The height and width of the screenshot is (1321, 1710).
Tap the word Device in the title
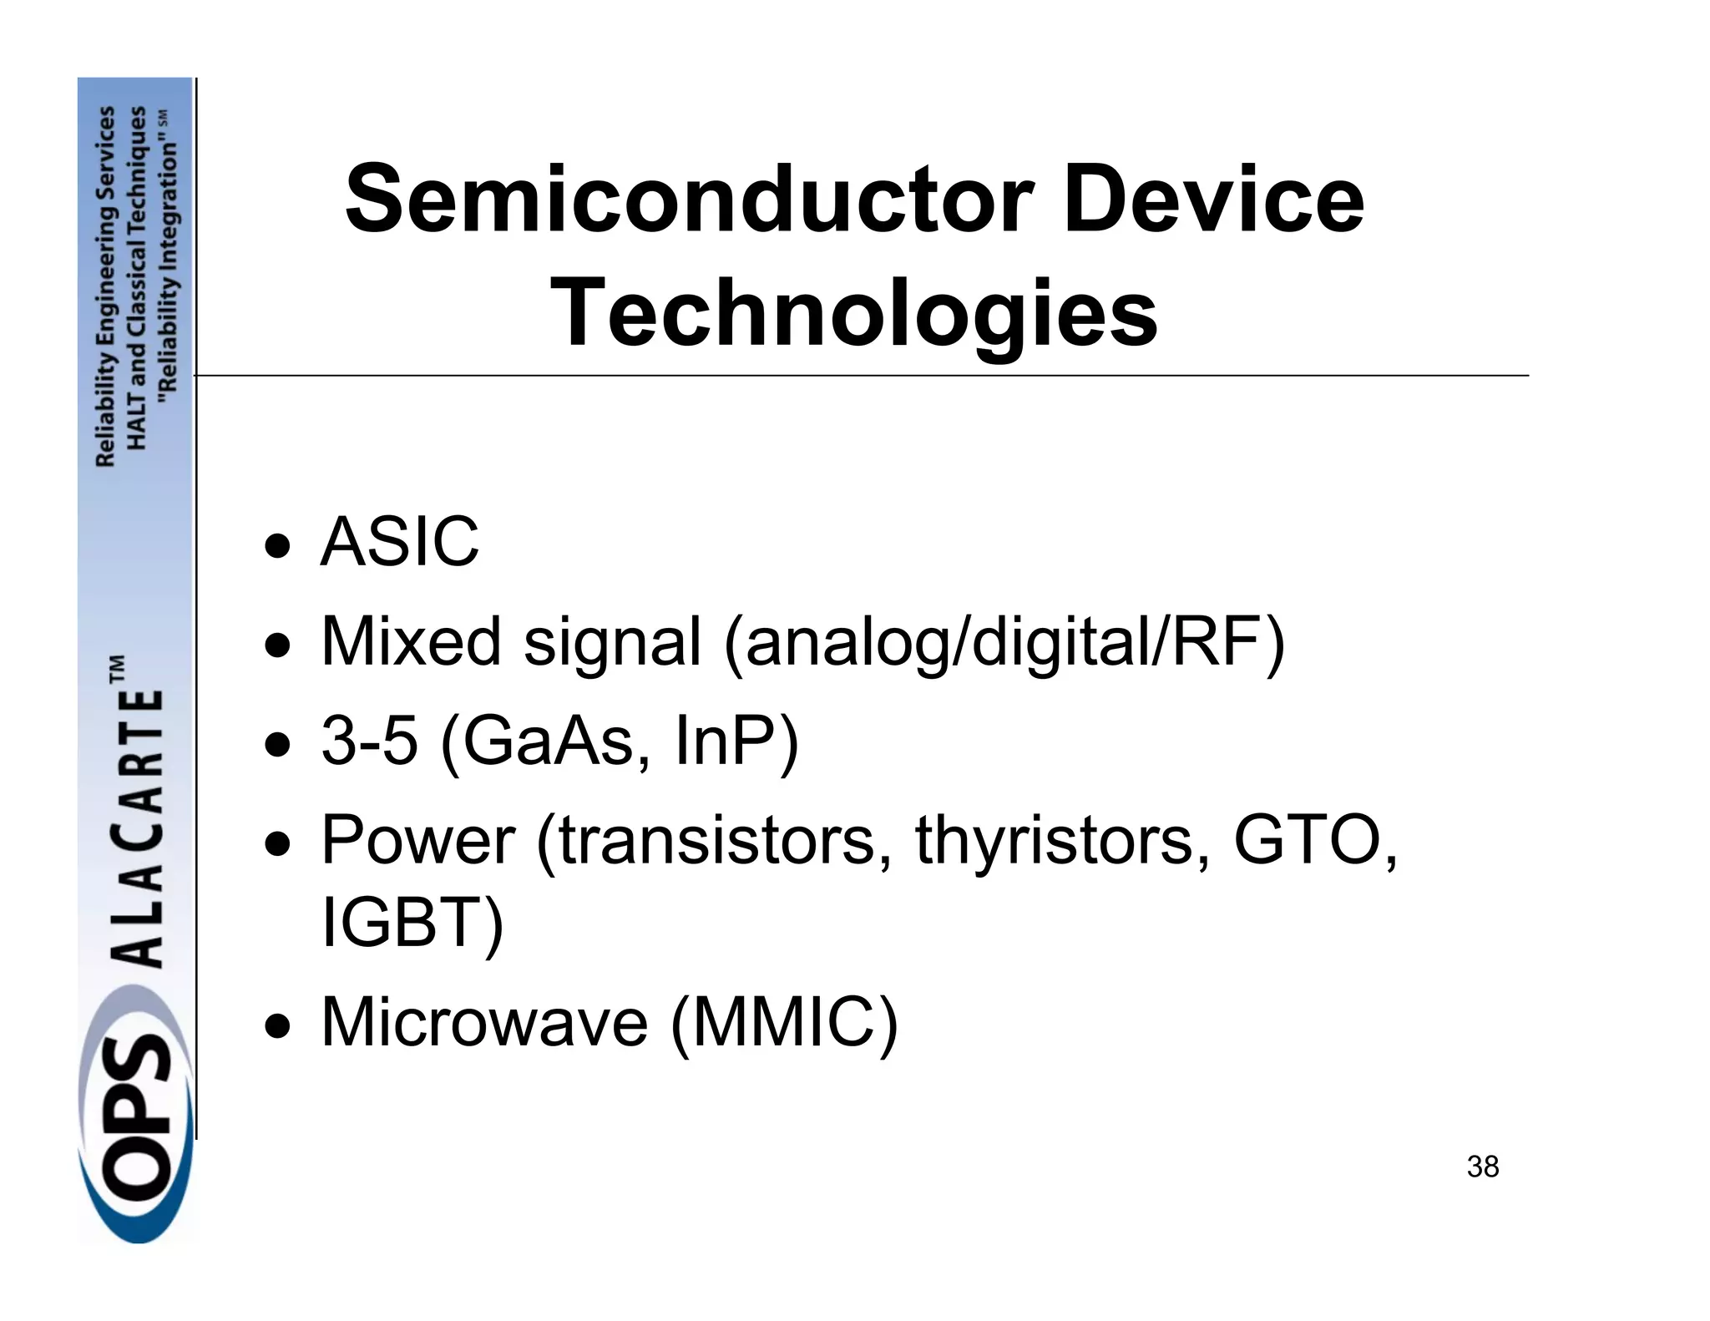click(1213, 200)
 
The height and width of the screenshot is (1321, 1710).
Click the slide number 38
click(1482, 1167)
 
